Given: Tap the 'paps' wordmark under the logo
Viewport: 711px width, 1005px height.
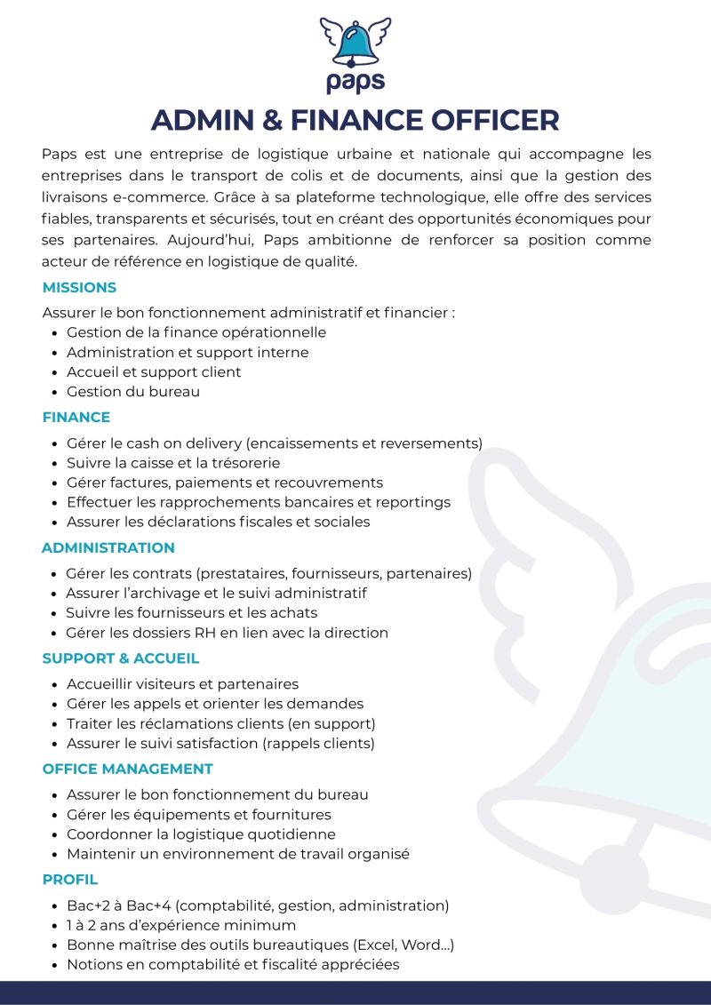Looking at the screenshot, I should click(x=355, y=81).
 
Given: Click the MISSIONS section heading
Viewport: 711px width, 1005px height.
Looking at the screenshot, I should click(x=79, y=288).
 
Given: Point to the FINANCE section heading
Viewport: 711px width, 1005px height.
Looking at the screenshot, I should click(x=76, y=417).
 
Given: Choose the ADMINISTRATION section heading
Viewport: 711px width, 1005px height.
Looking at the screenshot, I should click(x=108, y=547).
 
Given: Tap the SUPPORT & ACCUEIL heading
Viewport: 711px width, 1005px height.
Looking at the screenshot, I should click(x=121, y=658).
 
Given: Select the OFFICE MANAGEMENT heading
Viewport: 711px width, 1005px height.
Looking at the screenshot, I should click(x=128, y=769).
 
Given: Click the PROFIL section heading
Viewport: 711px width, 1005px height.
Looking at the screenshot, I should click(x=70, y=880).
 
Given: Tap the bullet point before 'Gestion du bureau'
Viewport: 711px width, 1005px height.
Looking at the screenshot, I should click(x=55, y=392).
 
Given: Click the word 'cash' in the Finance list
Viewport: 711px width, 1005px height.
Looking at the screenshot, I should click(x=144, y=443).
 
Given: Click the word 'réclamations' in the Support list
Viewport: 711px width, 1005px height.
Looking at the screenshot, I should click(x=174, y=723).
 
